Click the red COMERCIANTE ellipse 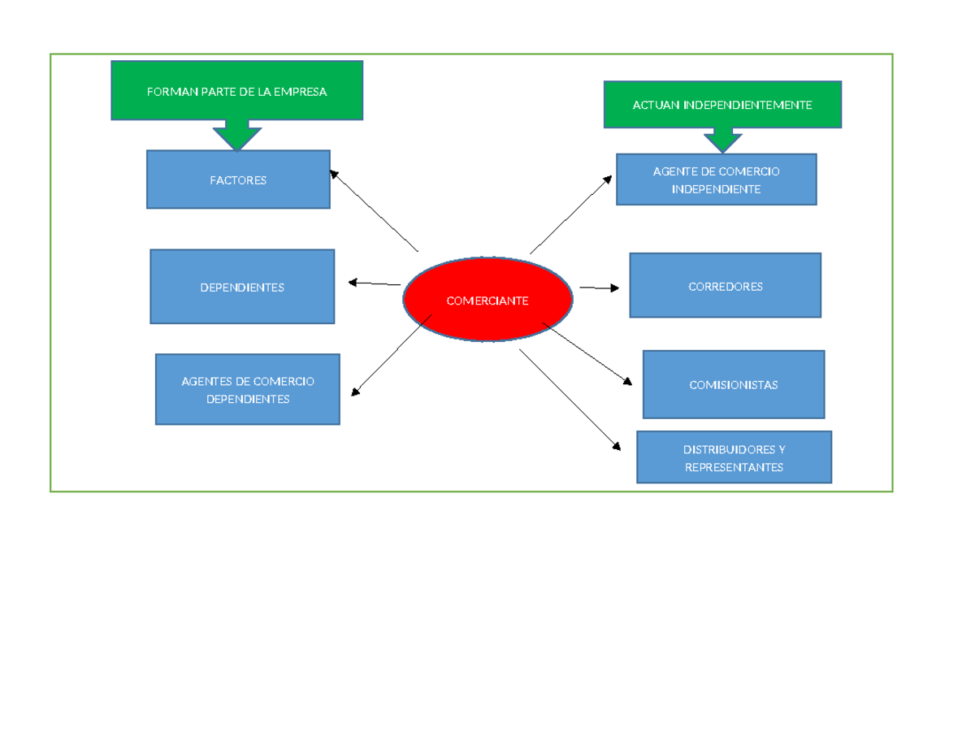click(487, 300)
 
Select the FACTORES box click(238, 180)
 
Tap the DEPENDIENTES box click(242, 287)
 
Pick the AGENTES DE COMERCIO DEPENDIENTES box click(248, 389)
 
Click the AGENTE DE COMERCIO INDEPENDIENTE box click(716, 180)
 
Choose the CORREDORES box click(725, 285)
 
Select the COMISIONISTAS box click(734, 384)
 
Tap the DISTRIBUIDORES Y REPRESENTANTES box click(734, 457)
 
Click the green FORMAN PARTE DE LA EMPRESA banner click(236, 91)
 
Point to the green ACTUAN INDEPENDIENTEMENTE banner click(722, 105)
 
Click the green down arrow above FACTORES click(237, 136)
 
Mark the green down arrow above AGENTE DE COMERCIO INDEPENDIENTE click(722, 140)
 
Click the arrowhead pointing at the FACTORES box click(334, 173)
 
